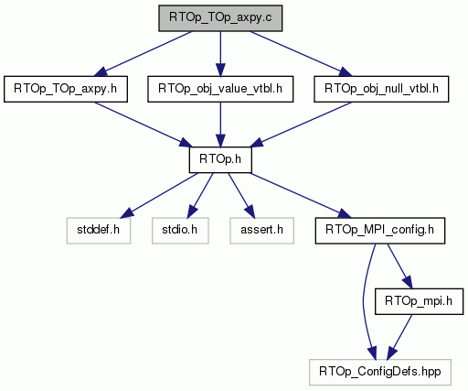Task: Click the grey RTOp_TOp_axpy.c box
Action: pos(220,18)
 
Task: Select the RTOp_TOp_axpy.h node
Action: pos(66,89)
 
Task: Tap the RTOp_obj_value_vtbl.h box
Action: pos(220,89)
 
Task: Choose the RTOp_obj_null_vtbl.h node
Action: pos(381,89)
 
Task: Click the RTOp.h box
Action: pos(220,159)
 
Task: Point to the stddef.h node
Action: pos(99,231)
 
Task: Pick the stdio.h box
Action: pos(180,231)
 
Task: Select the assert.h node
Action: pos(261,231)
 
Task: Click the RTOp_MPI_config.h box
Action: pos(380,231)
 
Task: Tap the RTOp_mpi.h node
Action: pos(419,301)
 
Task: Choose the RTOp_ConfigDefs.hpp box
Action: pos(380,372)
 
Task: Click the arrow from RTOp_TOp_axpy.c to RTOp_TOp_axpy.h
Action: pos(144,53)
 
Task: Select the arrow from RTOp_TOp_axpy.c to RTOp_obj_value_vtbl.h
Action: pos(220,53)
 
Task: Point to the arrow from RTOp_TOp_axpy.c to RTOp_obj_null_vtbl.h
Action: pos(301,53)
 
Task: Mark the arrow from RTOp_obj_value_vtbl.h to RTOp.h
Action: pos(220,125)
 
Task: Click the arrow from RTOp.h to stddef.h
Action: pos(159,195)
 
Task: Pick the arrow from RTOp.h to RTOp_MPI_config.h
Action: pos(301,195)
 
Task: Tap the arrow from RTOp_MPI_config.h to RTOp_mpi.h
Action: pos(399,266)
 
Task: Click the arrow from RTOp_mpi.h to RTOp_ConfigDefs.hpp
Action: pos(399,337)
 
